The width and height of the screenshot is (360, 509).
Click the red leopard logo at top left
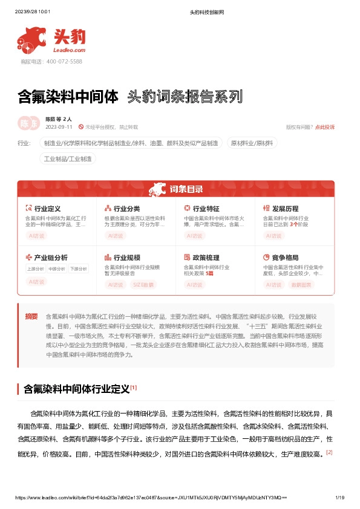[32, 40]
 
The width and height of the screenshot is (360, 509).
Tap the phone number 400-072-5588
[64, 62]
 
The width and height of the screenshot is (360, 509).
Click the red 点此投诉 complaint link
[324, 127]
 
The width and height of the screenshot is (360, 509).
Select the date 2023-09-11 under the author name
[59, 127]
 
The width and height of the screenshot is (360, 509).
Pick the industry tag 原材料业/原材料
[252, 143]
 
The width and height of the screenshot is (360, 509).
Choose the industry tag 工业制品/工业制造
[68, 158]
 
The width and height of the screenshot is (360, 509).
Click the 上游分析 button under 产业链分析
[36, 269]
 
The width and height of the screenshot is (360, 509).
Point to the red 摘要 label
[31, 316]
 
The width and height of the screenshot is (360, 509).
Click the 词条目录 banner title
[186, 189]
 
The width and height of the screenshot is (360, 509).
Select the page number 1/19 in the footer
[339, 498]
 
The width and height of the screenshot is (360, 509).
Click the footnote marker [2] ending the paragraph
[329, 452]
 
